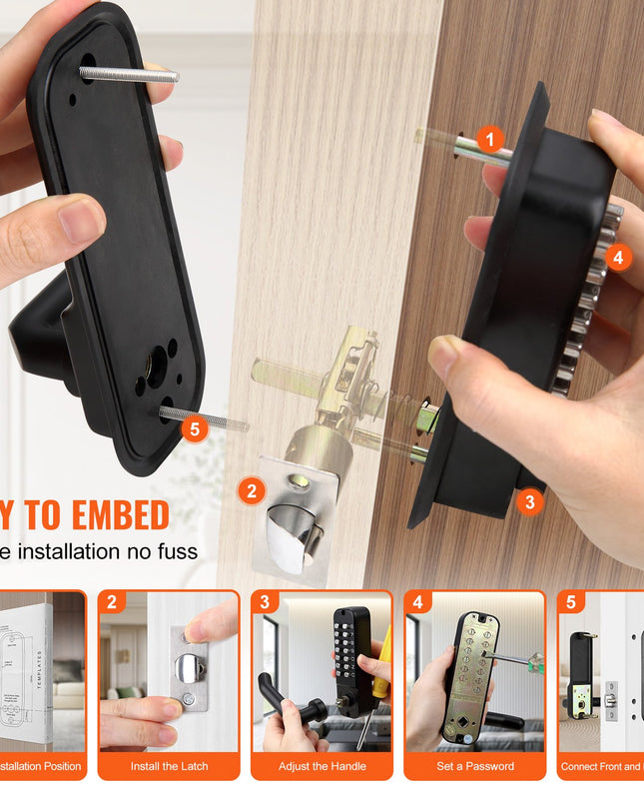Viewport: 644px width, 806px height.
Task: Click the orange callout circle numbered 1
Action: click(x=489, y=140)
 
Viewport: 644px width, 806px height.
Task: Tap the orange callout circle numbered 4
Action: click(x=617, y=258)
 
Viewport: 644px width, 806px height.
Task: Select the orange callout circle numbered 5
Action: click(x=196, y=429)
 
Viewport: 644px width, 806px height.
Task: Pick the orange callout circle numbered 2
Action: click(x=252, y=490)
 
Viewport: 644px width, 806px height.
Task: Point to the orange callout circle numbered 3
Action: click(x=529, y=501)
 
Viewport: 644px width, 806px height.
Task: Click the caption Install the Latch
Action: click(x=169, y=766)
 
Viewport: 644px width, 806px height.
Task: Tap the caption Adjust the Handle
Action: click(x=321, y=766)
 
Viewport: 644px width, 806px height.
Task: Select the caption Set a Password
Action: click(x=474, y=766)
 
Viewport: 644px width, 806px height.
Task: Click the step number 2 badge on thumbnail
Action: click(x=112, y=602)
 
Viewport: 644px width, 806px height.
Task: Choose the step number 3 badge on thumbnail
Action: click(x=264, y=602)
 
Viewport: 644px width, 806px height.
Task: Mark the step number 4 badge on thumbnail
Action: click(x=417, y=602)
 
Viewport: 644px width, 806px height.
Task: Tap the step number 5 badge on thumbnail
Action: click(x=570, y=602)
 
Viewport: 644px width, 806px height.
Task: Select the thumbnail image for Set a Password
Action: click(x=474, y=677)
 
